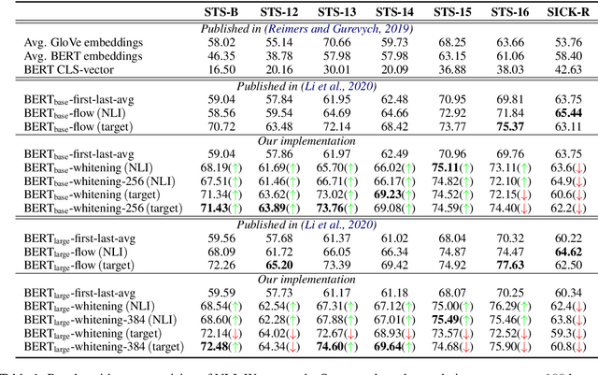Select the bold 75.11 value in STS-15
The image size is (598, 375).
click(x=452, y=167)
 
